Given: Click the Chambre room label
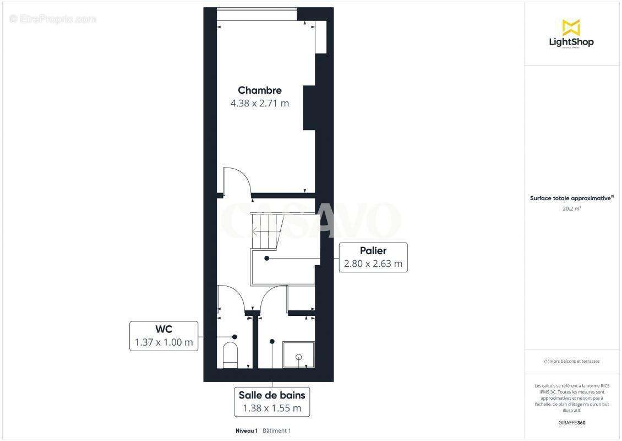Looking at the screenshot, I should pyautogui.click(x=259, y=90).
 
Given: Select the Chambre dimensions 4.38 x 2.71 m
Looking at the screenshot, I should pyautogui.click(x=259, y=103).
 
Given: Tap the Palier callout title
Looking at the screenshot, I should pyautogui.click(x=373, y=251).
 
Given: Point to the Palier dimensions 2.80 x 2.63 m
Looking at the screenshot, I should pyautogui.click(x=373, y=264).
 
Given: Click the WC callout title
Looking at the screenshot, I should pyautogui.click(x=163, y=329).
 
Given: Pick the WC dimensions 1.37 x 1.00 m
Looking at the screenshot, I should pyautogui.click(x=163, y=342).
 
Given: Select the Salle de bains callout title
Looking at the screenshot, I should pyautogui.click(x=271, y=395).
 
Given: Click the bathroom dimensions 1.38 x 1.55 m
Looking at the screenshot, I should pyautogui.click(x=271, y=408).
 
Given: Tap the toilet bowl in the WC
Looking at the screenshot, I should pyautogui.click(x=230, y=354).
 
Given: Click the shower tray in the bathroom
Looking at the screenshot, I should pyautogui.click(x=298, y=355).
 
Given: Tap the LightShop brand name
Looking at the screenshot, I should pyautogui.click(x=571, y=42).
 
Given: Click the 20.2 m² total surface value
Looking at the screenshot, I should pyautogui.click(x=571, y=209).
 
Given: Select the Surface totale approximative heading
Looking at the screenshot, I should pyautogui.click(x=571, y=198).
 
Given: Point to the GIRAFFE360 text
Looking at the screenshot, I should pyautogui.click(x=571, y=423).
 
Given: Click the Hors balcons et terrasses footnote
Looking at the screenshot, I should pyautogui.click(x=571, y=362).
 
